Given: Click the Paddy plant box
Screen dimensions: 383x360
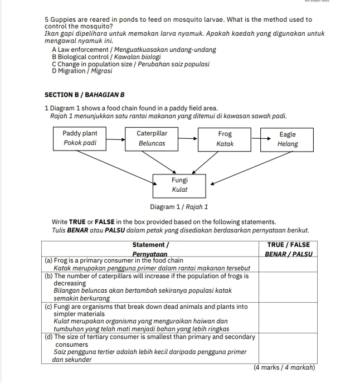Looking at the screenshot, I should coord(80,138).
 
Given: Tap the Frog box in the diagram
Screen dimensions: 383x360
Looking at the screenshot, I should coord(225,138).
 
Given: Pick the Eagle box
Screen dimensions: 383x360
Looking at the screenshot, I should coord(288,139).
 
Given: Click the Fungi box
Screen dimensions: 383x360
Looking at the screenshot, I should coord(180,185).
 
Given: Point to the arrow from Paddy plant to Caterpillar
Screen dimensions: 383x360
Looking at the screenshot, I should coord(116,137).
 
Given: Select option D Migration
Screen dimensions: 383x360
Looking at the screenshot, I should coord(82,71).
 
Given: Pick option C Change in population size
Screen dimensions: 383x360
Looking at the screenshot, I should coord(130,64).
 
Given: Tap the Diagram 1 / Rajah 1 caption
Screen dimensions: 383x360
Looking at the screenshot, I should coord(179,207).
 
